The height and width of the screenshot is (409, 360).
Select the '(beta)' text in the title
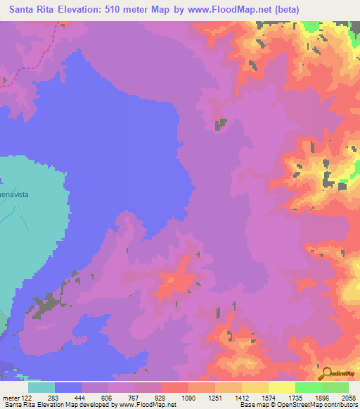point(286,10)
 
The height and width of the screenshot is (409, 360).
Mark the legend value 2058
point(348,398)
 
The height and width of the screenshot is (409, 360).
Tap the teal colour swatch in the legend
point(41,387)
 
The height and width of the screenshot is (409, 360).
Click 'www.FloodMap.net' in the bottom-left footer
point(147,405)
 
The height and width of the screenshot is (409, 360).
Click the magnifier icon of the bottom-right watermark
point(325,372)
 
